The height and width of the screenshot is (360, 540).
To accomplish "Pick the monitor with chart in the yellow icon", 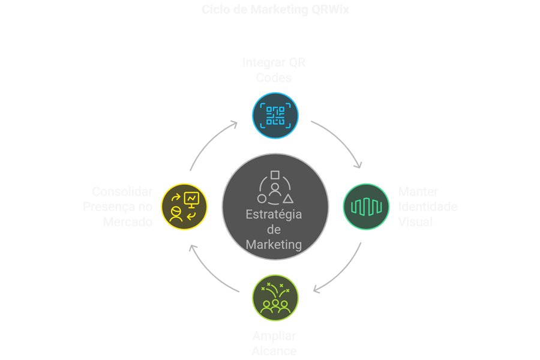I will pyautogui.click(x=192, y=198).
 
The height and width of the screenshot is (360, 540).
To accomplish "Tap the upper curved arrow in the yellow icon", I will pyautogui.click(x=176, y=197).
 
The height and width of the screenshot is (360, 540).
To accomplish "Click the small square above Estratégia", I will pyautogui.click(x=275, y=175).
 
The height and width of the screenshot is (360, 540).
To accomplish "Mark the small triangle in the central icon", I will pyautogui.click(x=289, y=198).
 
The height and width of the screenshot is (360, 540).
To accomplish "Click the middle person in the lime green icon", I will pyautogui.click(x=275, y=307).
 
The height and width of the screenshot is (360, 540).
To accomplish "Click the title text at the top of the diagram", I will pyautogui.click(x=275, y=10).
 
